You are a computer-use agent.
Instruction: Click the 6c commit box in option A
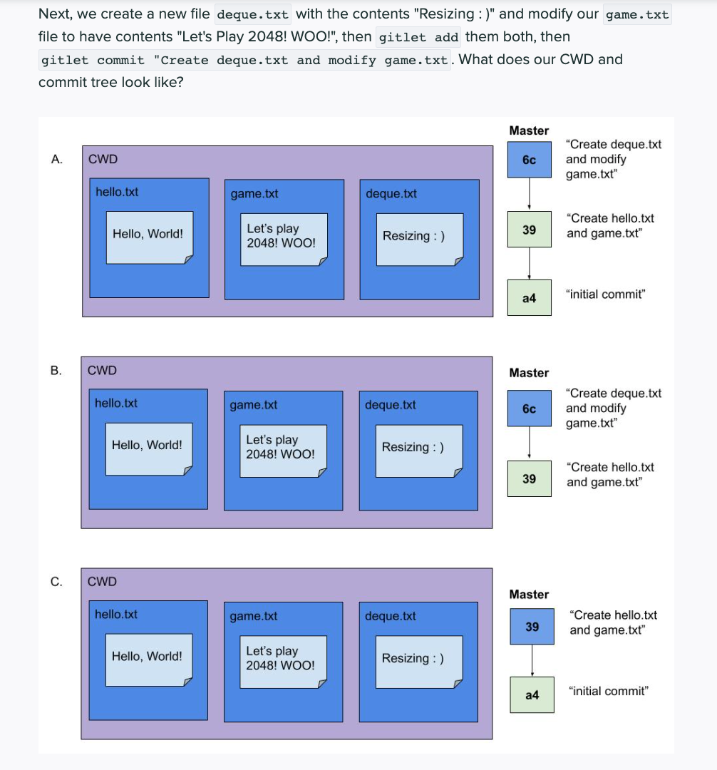point(529,160)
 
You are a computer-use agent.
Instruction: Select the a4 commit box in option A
point(529,298)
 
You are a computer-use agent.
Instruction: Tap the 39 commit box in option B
point(529,478)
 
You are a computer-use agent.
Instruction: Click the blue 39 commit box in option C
point(532,627)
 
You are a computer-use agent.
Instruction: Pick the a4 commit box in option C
point(532,694)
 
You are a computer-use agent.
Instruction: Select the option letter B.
point(56,370)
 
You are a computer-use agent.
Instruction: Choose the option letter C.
point(56,581)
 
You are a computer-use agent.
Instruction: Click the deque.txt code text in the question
point(252,14)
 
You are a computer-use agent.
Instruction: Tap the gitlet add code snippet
point(418,37)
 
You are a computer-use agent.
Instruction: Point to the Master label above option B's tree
point(529,373)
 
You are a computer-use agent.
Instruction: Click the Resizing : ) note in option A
point(414,236)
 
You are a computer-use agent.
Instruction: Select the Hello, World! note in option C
point(147,656)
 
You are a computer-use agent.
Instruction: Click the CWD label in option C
point(102,581)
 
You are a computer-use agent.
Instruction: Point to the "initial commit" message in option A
point(605,294)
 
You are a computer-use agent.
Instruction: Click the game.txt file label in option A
point(254,194)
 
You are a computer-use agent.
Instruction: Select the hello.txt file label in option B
point(116,403)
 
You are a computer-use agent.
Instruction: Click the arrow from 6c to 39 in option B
point(529,443)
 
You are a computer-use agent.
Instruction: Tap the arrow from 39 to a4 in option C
point(532,661)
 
